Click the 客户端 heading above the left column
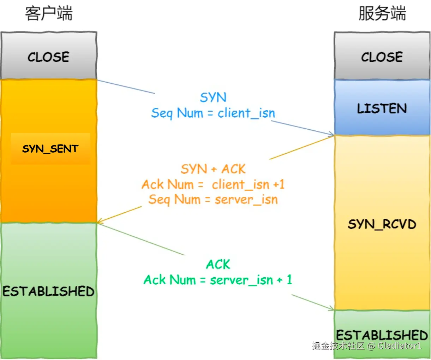tap(49, 14)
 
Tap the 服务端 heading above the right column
tap(382, 14)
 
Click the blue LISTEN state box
tap(382, 108)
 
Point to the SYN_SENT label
tap(50, 149)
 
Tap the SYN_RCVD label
tap(382, 224)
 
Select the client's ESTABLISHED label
tap(49, 291)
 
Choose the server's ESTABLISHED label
tap(382, 335)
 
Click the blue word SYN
tap(213, 98)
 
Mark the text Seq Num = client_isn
tap(213, 113)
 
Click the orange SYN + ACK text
tap(213, 169)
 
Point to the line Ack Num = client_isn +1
tap(213, 184)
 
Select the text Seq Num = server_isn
tap(213, 200)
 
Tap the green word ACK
tap(218, 264)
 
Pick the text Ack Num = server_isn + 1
tap(218, 280)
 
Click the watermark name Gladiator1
tap(400, 346)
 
